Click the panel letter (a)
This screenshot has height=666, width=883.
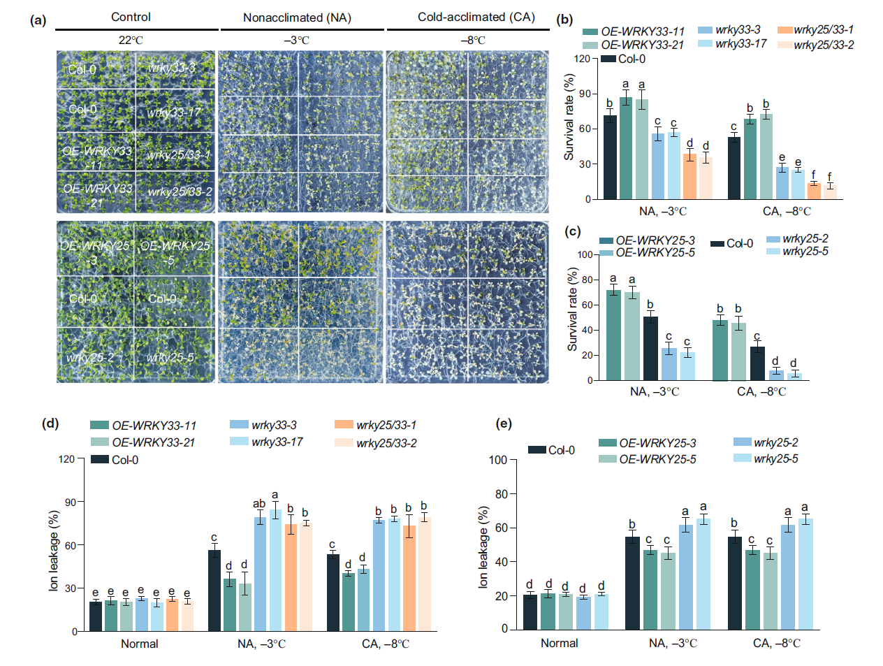(x=38, y=20)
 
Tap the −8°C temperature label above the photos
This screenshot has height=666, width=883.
(x=473, y=41)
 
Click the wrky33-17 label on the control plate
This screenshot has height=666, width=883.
(x=174, y=113)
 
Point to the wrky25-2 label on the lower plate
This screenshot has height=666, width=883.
(x=90, y=357)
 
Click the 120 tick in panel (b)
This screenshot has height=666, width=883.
(x=582, y=59)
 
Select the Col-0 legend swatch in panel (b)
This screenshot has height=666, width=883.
(x=608, y=59)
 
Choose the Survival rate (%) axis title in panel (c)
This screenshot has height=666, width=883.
(x=573, y=310)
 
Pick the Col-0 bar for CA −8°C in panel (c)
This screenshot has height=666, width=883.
(x=757, y=363)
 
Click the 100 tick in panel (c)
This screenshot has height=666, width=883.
(x=585, y=255)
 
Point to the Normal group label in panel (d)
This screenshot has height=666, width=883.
(x=140, y=644)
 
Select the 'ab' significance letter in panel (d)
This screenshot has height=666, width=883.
(x=259, y=503)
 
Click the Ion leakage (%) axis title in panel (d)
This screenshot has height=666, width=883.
(x=54, y=551)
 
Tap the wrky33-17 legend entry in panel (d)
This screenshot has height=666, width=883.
(x=277, y=442)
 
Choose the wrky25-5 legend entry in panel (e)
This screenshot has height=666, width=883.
(x=775, y=458)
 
